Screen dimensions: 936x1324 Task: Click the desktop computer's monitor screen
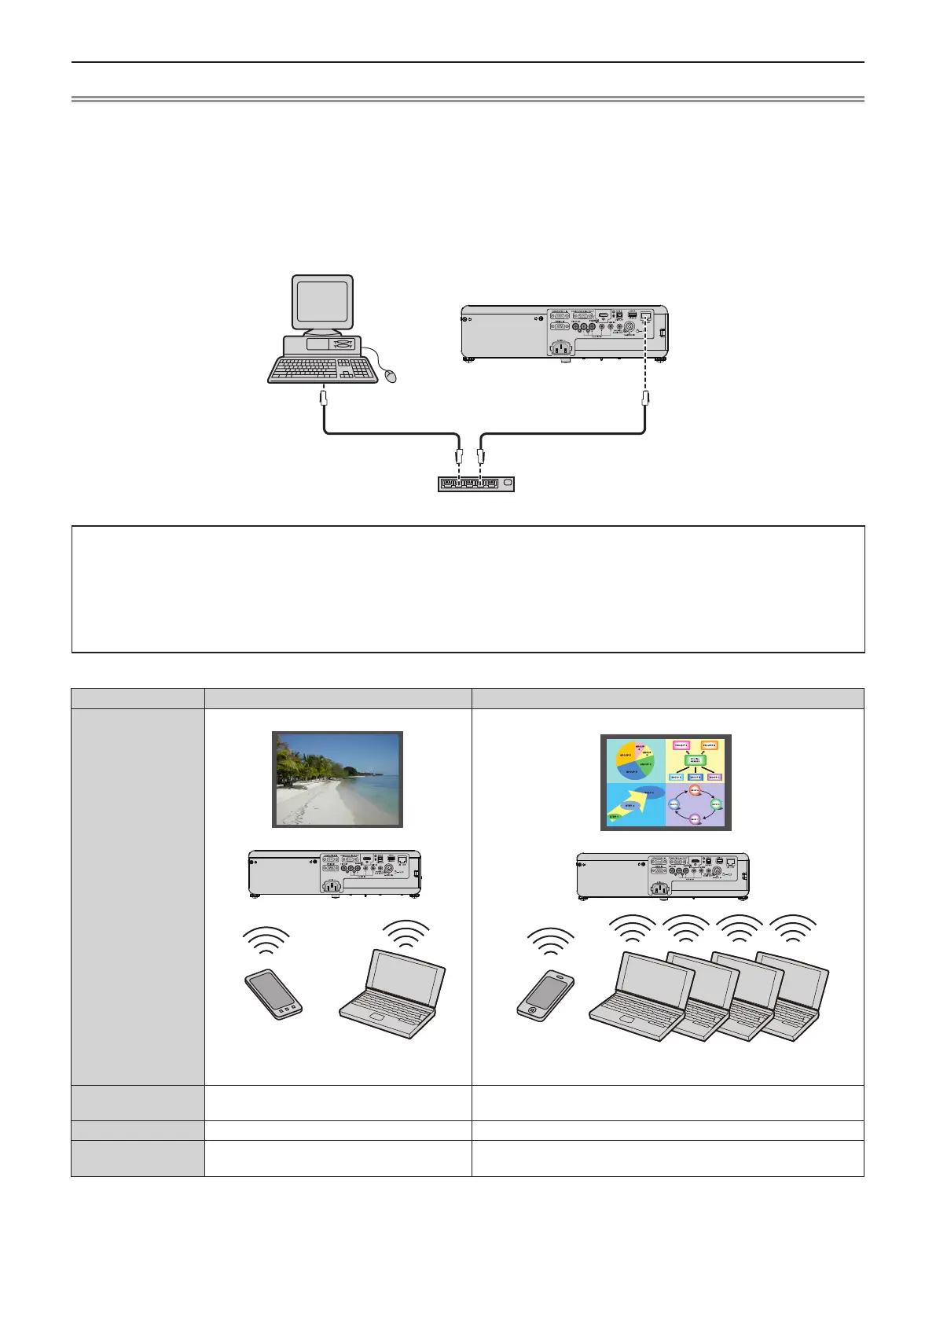322,301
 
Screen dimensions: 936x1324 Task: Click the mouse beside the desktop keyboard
391,377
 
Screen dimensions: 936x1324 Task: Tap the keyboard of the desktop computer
322,370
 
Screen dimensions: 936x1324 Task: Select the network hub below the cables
475,483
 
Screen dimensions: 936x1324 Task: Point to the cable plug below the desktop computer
322,399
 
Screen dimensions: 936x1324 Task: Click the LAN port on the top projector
646,316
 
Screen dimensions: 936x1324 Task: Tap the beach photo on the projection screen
337,779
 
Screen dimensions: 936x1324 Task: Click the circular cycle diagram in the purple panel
695,804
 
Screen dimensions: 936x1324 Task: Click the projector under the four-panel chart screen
663,875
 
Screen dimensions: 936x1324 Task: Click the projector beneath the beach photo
335,873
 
